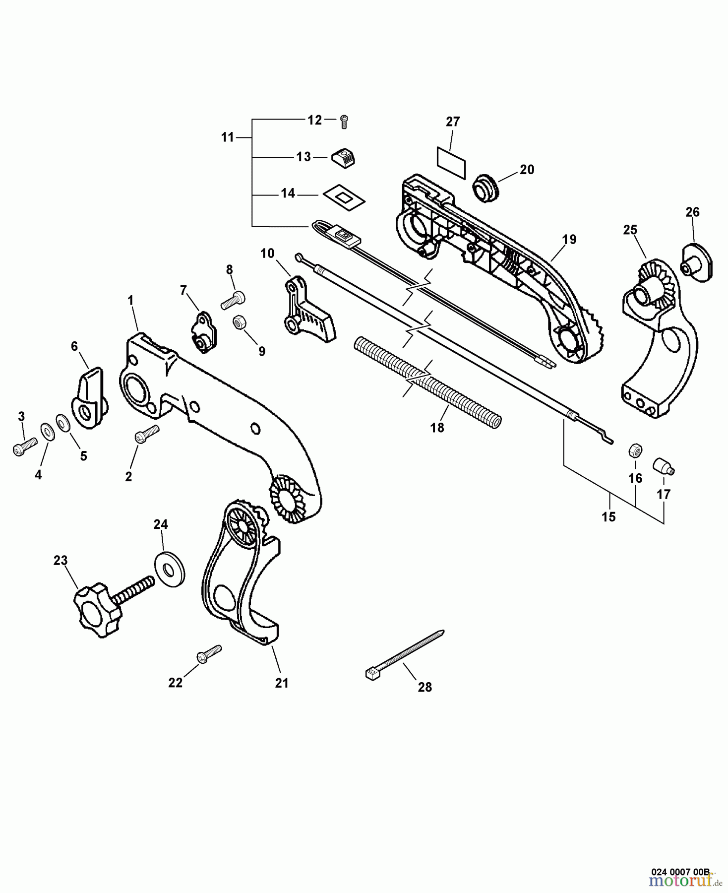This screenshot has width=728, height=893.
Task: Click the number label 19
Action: (569, 240)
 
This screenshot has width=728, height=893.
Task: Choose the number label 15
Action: (608, 516)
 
